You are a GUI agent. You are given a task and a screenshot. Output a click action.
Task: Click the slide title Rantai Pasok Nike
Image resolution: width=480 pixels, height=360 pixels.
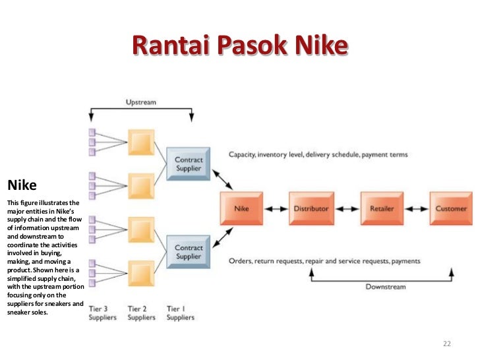[239, 45]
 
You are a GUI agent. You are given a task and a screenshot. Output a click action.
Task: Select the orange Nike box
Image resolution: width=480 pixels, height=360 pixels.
[241, 208]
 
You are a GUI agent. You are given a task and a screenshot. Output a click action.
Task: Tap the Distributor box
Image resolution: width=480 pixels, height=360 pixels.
[311, 208]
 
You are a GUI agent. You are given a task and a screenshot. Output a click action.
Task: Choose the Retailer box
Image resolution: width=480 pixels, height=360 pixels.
[381, 208]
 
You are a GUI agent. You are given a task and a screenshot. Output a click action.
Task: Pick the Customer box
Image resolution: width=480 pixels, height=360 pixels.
[450, 208]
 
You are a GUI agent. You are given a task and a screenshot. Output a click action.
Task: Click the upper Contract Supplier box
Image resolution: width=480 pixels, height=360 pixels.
[189, 164]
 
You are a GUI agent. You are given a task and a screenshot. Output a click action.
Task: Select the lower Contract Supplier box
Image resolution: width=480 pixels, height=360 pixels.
[189, 251]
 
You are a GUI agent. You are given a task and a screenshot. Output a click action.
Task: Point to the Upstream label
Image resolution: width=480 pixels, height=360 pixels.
[140, 102]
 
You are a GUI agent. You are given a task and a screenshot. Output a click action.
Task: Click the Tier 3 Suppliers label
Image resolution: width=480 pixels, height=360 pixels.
[102, 313]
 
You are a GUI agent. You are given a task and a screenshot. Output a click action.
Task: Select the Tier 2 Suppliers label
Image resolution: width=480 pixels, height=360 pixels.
[141, 313]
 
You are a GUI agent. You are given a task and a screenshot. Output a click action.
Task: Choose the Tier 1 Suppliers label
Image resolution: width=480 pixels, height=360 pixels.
[181, 313]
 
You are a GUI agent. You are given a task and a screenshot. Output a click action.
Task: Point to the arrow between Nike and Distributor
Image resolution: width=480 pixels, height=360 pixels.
[276, 208]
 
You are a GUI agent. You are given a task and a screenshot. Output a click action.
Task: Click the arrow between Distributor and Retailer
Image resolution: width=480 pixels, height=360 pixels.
[346, 208]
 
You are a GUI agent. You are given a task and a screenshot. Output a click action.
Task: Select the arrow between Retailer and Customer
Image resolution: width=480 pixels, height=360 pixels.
[416, 208]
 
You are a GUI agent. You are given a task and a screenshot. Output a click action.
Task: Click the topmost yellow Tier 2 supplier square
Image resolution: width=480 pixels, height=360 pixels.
[141, 142]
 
